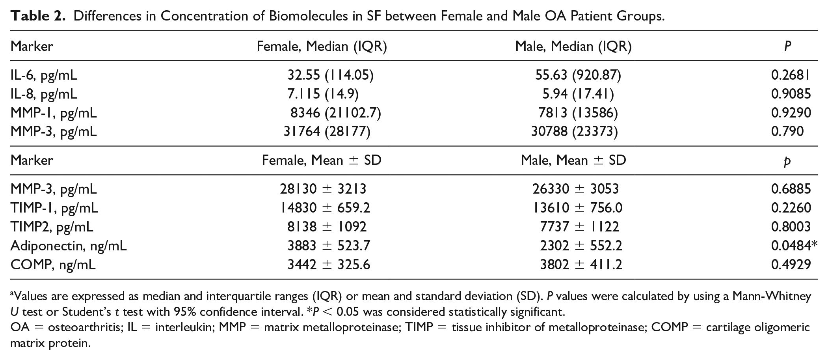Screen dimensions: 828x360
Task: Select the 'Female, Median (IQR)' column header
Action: coord(322,47)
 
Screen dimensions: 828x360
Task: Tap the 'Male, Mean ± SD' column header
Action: coord(573,160)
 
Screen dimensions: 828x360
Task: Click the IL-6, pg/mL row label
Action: coord(44,75)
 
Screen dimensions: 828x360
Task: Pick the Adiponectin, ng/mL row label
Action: coord(69,246)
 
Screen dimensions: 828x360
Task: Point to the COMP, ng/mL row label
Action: coord(53,265)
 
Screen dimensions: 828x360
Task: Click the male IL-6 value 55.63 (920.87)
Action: coord(578,75)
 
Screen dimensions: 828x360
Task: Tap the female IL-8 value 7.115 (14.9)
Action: coord(323,94)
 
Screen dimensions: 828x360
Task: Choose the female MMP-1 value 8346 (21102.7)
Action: coord(336,113)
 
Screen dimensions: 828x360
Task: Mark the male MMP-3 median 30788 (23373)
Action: coord(575,131)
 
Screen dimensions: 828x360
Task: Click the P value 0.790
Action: coord(787,131)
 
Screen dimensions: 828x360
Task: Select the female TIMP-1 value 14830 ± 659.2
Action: coord(325,208)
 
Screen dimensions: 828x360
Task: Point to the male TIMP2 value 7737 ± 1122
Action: coord(579,227)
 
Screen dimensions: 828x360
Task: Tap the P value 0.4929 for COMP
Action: coord(791,265)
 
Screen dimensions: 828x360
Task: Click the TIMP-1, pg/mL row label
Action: coord(54,208)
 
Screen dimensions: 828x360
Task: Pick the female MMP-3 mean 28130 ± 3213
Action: coord(323,189)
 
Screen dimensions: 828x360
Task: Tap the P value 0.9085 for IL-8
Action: coord(791,94)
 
